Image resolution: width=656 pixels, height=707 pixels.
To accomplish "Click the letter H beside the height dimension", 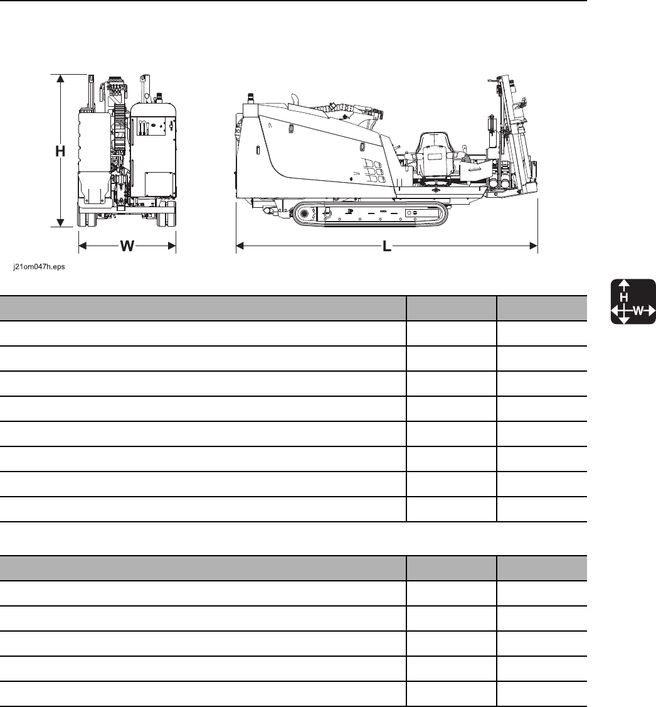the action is point(60,151).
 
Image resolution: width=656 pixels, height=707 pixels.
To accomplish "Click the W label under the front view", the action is point(127,246).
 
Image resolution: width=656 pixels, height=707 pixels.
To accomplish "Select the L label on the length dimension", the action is point(387,246).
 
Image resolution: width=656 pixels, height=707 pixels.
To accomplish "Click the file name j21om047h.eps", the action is point(39,267).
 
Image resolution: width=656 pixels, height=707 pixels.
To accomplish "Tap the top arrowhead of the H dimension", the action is point(60,78).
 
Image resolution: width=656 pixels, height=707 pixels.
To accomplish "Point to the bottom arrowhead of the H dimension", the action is point(60,222).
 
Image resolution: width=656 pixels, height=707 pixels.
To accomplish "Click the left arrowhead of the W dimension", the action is point(83,246).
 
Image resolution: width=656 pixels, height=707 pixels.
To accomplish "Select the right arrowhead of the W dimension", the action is point(172,246).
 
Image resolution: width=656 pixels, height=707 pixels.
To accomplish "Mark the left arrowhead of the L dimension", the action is point(240,246).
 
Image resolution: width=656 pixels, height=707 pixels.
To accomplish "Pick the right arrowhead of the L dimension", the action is point(534,246).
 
